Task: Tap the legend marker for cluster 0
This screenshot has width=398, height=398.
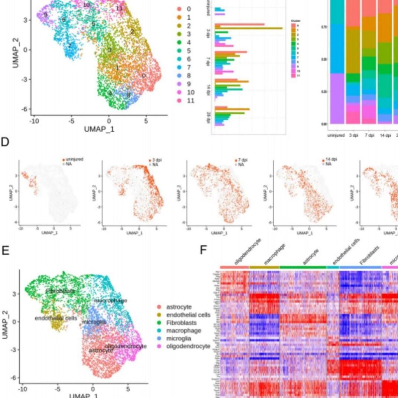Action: coord(179,9)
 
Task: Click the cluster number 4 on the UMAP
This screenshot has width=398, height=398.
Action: coord(110,93)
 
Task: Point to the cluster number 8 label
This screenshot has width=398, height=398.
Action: coord(128,95)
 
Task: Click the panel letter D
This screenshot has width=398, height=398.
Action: coord(5,142)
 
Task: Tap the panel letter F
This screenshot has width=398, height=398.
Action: coord(203,250)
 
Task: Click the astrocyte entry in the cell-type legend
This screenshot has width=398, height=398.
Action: coord(179,307)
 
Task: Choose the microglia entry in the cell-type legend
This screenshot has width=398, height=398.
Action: coord(178,339)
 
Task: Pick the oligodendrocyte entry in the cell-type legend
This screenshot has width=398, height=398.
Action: coord(188,346)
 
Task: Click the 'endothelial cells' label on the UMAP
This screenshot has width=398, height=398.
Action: coord(56,318)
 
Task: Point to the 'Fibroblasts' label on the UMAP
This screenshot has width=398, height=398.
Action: coord(60,291)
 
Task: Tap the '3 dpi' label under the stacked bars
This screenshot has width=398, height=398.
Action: coord(353,135)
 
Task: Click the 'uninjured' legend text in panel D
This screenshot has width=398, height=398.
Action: coord(75,159)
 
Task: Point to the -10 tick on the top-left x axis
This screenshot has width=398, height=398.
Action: coord(34,121)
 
